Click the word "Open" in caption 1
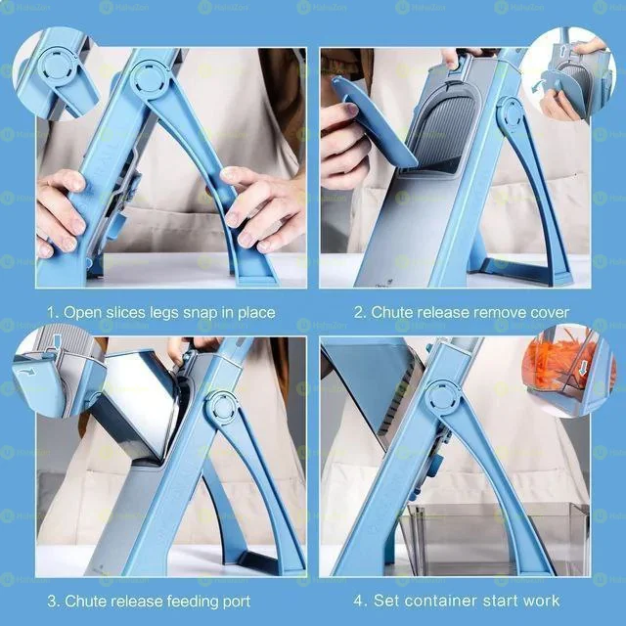click(x=83, y=313)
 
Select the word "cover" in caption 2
click(x=548, y=313)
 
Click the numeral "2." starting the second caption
click(x=360, y=313)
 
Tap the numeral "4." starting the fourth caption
click(x=360, y=600)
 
